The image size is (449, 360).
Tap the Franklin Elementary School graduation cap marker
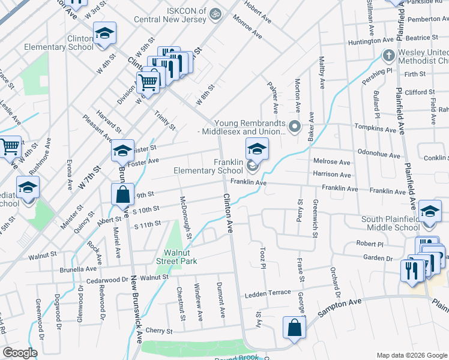point(256,147)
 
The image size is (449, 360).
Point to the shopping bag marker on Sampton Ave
point(294,328)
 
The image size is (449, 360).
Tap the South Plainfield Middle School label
point(390,223)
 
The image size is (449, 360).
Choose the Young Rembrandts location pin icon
point(295,127)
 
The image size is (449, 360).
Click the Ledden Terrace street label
point(267,295)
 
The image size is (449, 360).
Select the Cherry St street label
point(159,331)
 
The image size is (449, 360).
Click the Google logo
point(20,353)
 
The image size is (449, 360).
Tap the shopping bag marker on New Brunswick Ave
point(122,194)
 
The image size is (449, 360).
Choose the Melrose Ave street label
point(332,162)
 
